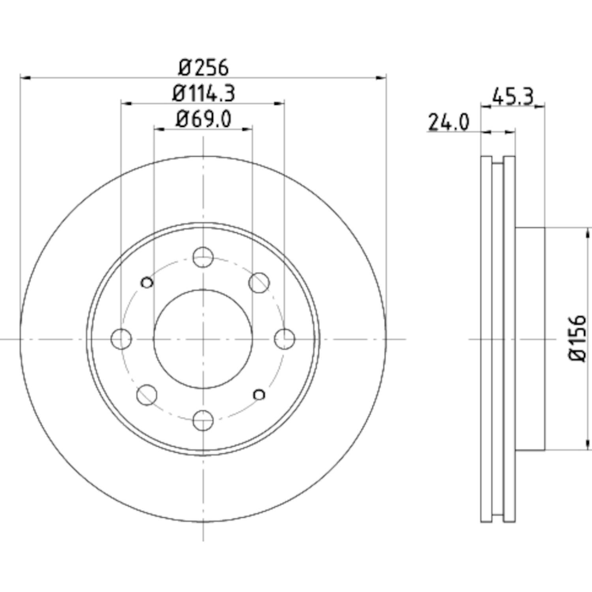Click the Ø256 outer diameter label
pyautogui.click(x=203, y=68)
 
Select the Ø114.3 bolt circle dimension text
pyautogui.click(x=204, y=94)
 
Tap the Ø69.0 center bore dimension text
pyautogui.click(x=203, y=119)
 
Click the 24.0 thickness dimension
pyautogui.click(x=449, y=122)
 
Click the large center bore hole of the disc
pyautogui.click(x=203, y=339)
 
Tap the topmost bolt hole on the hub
pyautogui.click(x=203, y=257)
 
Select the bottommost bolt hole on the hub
pyautogui.click(x=203, y=420)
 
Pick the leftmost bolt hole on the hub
pyautogui.click(x=122, y=339)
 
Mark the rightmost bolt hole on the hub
pyautogui.click(x=285, y=339)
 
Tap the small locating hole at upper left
pyautogui.click(x=147, y=282)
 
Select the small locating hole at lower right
pyautogui.click(x=259, y=394)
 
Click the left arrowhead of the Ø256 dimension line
pyautogui.click(x=25, y=78)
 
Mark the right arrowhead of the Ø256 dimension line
pyautogui.click(x=381, y=78)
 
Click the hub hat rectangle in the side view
pyautogui.click(x=530, y=339)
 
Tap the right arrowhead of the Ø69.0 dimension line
pyautogui.click(x=247, y=129)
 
